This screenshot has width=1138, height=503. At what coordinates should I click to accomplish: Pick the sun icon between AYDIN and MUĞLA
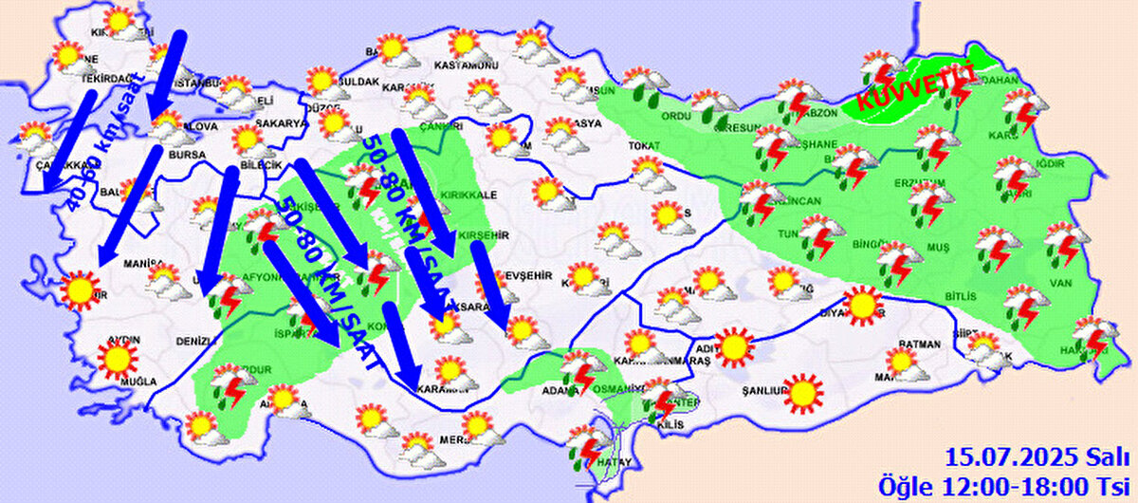(117, 358)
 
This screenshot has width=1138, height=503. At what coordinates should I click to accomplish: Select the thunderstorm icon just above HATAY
(589, 446)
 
